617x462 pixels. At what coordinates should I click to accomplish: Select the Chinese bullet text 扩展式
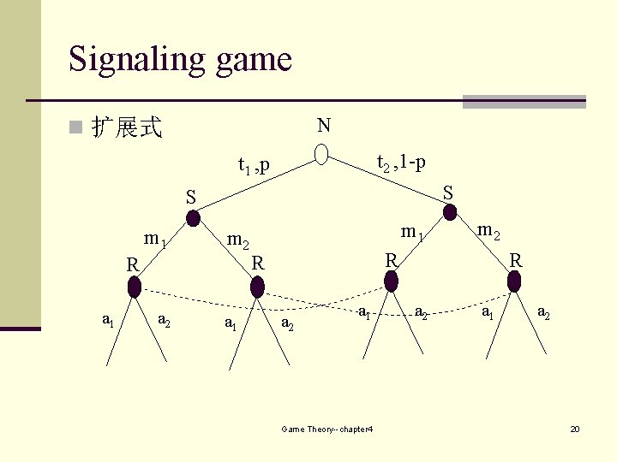tap(127, 128)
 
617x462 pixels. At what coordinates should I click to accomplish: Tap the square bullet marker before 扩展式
tap(76, 129)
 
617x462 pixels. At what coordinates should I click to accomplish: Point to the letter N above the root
tap(323, 126)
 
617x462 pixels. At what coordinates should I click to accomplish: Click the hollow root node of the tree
tap(321, 154)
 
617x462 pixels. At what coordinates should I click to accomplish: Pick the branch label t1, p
tap(254, 164)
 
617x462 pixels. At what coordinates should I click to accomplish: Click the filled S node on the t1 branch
tap(194, 218)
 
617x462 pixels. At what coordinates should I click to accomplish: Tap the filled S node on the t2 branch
tap(450, 213)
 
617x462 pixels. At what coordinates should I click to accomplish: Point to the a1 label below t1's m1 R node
tap(108, 321)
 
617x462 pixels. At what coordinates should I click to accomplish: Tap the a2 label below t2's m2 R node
tap(543, 314)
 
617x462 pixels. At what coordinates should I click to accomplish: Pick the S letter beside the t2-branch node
tap(447, 192)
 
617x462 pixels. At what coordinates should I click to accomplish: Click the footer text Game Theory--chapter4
tap(326, 429)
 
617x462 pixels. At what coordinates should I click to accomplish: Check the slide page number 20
tap(575, 428)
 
